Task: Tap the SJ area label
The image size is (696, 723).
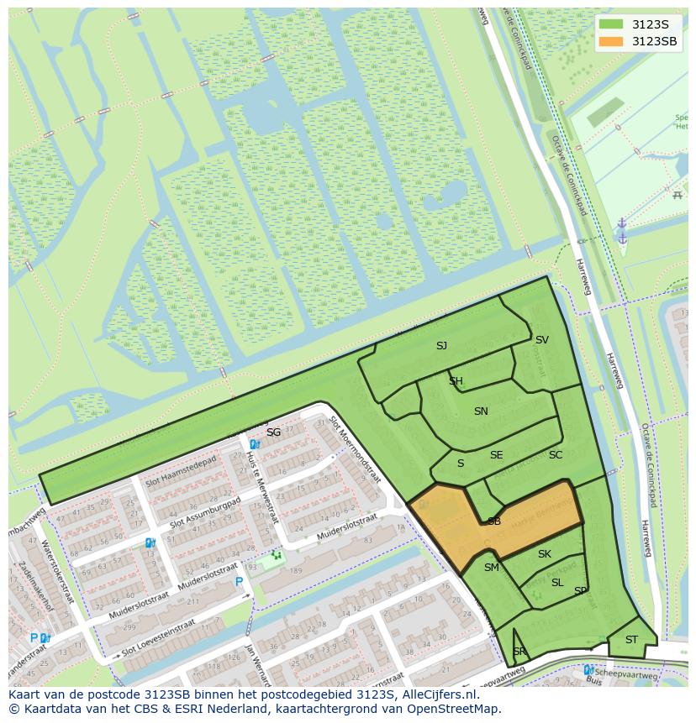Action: (x=441, y=345)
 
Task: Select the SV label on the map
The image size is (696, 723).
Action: (x=542, y=339)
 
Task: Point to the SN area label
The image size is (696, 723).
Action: (x=481, y=411)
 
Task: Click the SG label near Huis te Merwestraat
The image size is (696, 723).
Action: (x=273, y=432)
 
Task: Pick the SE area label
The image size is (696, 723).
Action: (x=496, y=455)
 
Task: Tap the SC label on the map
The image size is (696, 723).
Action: (x=556, y=455)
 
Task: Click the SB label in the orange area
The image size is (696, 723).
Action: (x=494, y=521)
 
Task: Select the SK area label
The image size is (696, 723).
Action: (x=544, y=553)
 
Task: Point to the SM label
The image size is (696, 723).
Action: (x=492, y=568)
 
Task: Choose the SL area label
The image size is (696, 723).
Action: (x=557, y=582)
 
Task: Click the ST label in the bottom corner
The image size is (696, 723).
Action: (x=631, y=640)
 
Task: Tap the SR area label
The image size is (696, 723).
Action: (x=519, y=652)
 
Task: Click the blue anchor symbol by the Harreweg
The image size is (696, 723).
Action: (x=623, y=231)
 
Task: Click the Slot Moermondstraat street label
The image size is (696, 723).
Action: (x=356, y=449)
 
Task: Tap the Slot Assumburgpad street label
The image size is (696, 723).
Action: (x=210, y=512)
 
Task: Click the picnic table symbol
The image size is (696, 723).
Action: (x=677, y=195)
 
